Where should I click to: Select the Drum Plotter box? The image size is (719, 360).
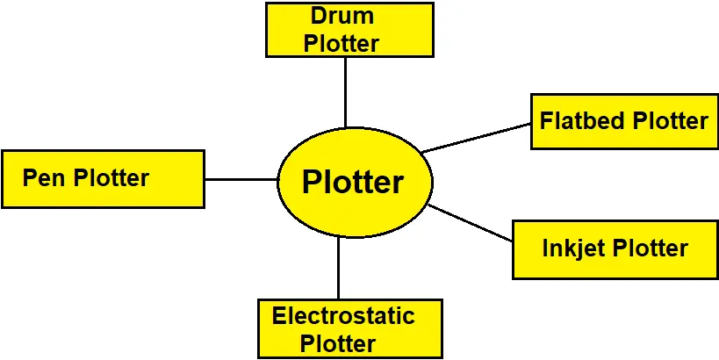pos(349,29)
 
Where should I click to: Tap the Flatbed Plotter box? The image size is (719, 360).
pos(624,120)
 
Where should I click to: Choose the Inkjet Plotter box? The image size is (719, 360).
pos(615,248)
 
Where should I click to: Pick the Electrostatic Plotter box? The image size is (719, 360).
pos(349,328)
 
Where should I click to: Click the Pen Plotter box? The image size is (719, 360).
pos(103,178)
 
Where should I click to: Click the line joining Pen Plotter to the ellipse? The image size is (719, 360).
pos(241,179)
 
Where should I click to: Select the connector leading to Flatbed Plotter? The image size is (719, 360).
pos(477,137)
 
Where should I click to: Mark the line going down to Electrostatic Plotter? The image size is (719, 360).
pos(338,268)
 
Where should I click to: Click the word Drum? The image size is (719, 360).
pos(342,16)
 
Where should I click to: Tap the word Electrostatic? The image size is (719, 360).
pos(343,315)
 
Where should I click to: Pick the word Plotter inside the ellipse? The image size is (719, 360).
pos(353,183)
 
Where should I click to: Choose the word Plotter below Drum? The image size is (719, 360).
pos(342,43)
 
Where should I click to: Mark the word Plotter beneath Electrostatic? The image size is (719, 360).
pos(338,343)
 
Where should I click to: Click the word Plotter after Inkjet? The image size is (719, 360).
pos(651,248)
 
